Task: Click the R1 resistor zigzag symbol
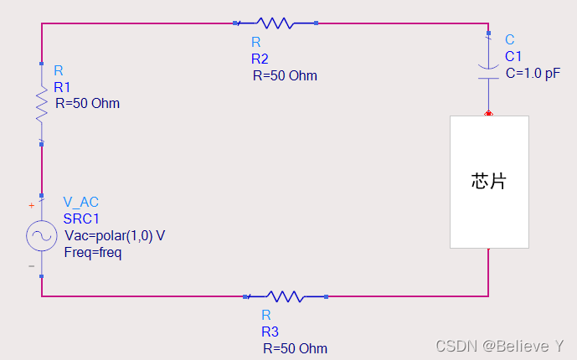coord(41,104)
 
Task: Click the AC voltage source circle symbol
coord(41,237)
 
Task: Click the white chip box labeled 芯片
coord(489,182)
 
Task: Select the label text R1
coord(63,87)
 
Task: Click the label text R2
coord(260,59)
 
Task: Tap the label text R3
coord(270,332)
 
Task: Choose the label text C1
coord(513,56)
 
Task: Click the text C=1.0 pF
coord(533,73)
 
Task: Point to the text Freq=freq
coord(93,252)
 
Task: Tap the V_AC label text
coord(82,203)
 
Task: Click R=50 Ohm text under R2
coord(285,75)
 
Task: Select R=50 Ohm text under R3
coord(295,348)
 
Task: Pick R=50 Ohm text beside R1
coord(87,104)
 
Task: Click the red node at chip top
coord(488,113)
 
